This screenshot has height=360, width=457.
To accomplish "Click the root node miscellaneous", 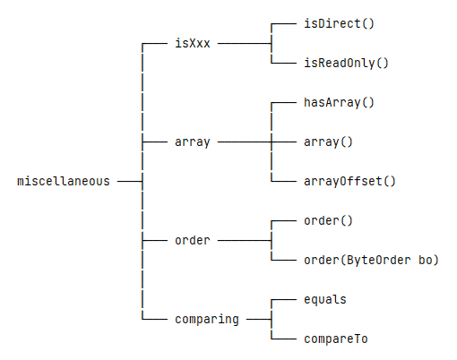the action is click(x=64, y=181).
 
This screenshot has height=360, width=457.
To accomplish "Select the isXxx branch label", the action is click(x=193, y=43).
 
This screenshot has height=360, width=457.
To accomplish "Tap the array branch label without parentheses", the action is click(x=193, y=142).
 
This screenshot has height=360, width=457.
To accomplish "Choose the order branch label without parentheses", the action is click(x=193, y=240).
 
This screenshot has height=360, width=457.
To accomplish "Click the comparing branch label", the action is click(x=207, y=320).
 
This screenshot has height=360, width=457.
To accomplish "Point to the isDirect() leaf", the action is click(x=339, y=23).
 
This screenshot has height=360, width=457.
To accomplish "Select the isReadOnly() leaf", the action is click(x=346, y=63).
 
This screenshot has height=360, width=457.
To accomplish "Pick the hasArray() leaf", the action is click(x=339, y=103).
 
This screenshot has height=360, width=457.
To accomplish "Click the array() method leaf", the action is click(x=328, y=142).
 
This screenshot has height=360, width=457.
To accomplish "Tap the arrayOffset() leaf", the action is click(x=349, y=181).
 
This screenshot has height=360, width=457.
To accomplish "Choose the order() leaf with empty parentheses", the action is click(x=328, y=221).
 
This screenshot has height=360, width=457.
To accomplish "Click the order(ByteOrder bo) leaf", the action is click(x=371, y=260).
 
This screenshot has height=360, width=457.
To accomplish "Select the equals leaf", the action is click(x=325, y=300).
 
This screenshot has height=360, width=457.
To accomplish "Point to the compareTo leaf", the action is click(x=336, y=339).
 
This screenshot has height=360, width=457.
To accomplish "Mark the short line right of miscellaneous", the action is click(x=130, y=181).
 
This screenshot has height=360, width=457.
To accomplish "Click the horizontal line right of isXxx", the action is click(x=245, y=44).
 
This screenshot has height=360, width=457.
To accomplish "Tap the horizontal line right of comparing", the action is click(x=259, y=320).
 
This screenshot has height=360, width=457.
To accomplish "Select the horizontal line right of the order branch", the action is click(x=245, y=240).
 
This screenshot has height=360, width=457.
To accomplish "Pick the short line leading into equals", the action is click(x=284, y=300).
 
